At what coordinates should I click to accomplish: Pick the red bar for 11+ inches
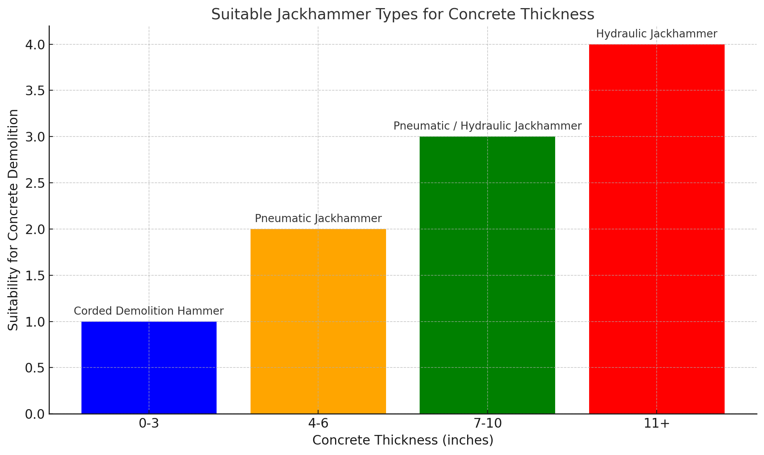tap(657, 229)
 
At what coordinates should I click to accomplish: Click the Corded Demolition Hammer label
tap(149, 311)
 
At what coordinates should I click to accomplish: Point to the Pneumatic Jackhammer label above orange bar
tap(318, 219)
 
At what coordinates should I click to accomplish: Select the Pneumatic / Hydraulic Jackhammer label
tap(487, 126)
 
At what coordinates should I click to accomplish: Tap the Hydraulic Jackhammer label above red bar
tap(657, 34)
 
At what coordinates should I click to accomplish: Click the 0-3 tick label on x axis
tap(149, 424)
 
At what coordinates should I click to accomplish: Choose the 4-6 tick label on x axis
tap(318, 424)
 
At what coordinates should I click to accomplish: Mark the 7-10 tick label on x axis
tap(487, 424)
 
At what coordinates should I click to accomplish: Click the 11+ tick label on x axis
tap(657, 424)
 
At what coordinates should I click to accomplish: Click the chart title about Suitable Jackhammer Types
tap(403, 15)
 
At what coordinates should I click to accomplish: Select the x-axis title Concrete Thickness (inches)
tap(403, 440)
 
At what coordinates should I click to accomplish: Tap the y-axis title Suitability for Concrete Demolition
tap(14, 220)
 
